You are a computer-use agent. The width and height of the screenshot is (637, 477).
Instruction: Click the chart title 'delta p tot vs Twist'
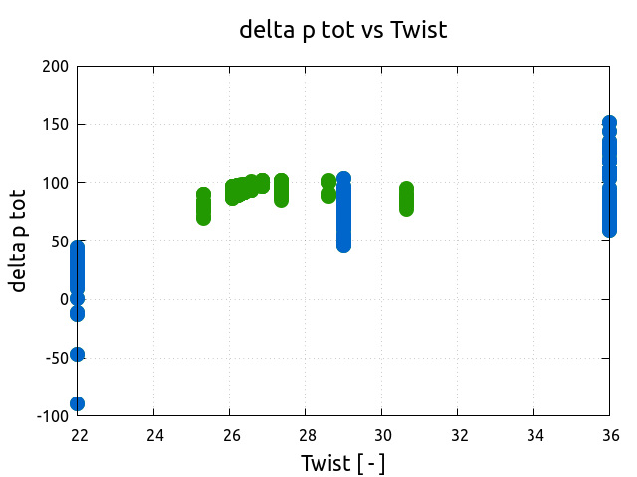(x=343, y=30)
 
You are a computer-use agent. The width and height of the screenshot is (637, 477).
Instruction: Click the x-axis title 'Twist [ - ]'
(x=343, y=463)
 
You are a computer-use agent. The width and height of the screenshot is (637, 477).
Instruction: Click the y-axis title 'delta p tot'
(x=18, y=240)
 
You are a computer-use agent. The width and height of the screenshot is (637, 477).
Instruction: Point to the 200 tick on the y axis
(x=56, y=67)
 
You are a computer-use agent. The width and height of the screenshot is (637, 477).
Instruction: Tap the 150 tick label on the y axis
(x=56, y=125)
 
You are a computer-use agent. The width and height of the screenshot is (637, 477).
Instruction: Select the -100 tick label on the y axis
(x=53, y=416)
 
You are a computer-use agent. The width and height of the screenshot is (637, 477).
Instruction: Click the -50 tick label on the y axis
(x=57, y=358)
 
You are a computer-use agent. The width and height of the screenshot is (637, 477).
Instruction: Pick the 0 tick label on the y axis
(x=65, y=299)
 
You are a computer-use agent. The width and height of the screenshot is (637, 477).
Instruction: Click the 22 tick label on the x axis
(x=78, y=435)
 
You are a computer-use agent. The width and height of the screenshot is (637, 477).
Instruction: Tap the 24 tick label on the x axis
(x=154, y=435)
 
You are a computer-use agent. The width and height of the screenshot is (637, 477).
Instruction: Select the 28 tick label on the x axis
(x=306, y=435)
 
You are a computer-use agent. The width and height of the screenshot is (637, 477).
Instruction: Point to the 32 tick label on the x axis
(x=458, y=435)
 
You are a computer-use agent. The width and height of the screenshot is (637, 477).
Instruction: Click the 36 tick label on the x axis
(x=610, y=435)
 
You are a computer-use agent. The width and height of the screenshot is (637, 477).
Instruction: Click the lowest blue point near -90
(x=78, y=403)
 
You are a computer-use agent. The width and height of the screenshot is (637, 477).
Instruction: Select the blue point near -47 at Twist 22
(x=78, y=354)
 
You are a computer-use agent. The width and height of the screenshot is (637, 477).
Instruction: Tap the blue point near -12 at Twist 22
(x=78, y=313)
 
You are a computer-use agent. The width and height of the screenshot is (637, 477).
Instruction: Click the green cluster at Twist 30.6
(x=406, y=199)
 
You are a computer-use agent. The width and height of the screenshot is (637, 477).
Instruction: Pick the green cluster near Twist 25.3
(x=204, y=206)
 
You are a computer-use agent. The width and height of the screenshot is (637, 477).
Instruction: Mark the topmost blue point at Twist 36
(x=610, y=123)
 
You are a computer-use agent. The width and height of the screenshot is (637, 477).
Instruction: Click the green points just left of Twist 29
(x=329, y=188)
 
